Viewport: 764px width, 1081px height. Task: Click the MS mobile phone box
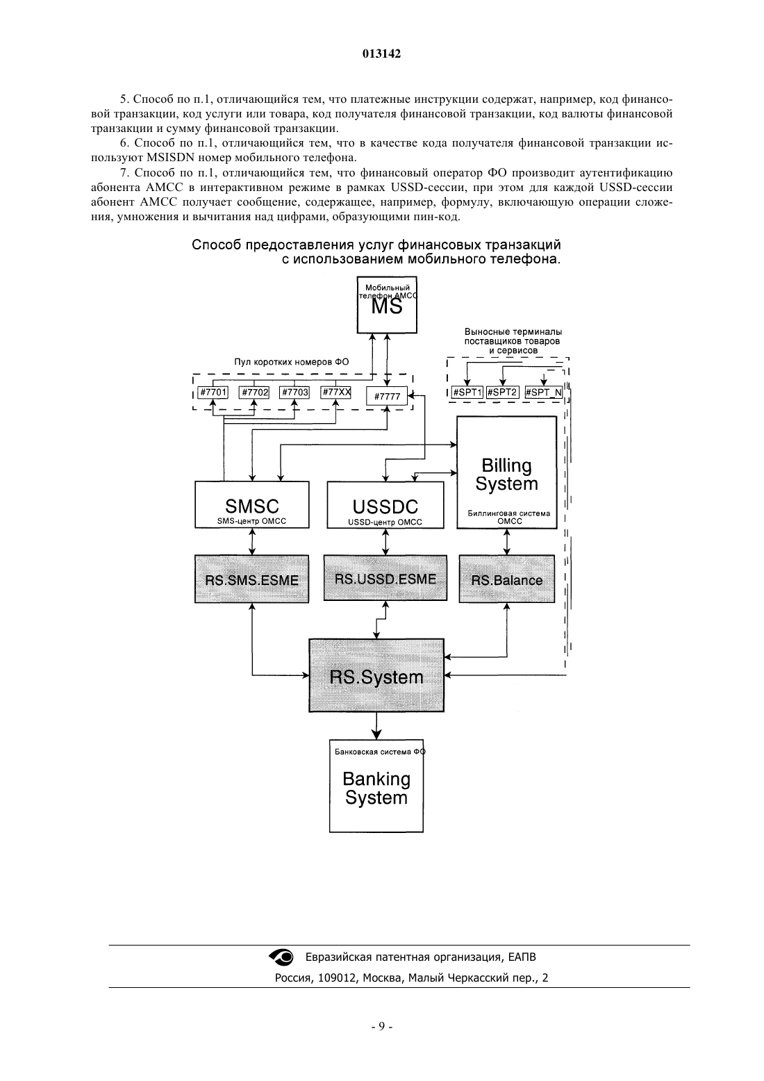(x=387, y=304)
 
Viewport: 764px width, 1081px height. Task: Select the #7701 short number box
(x=213, y=393)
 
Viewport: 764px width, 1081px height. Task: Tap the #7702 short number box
(x=254, y=393)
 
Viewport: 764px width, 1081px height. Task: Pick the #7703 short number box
(x=294, y=393)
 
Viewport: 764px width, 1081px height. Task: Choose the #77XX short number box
(x=335, y=393)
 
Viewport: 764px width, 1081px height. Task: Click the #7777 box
(x=387, y=396)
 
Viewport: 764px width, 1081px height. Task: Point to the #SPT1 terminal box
(x=467, y=393)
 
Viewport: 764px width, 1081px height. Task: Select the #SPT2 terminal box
(x=502, y=393)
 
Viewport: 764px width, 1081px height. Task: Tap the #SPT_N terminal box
(x=544, y=393)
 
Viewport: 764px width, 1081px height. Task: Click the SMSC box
(x=251, y=505)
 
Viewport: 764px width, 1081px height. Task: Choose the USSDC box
(x=385, y=505)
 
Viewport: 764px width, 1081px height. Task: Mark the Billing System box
(x=506, y=472)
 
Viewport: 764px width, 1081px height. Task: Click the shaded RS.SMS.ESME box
(x=251, y=579)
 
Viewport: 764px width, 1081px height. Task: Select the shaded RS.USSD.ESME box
(x=385, y=577)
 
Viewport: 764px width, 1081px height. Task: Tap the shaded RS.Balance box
(x=507, y=579)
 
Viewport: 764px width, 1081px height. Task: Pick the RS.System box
(x=376, y=675)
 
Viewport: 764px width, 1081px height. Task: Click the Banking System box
(x=376, y=786)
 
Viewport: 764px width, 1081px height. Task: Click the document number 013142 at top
(x=381, y=53)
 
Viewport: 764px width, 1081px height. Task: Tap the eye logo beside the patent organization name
(x=281, y=957)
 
